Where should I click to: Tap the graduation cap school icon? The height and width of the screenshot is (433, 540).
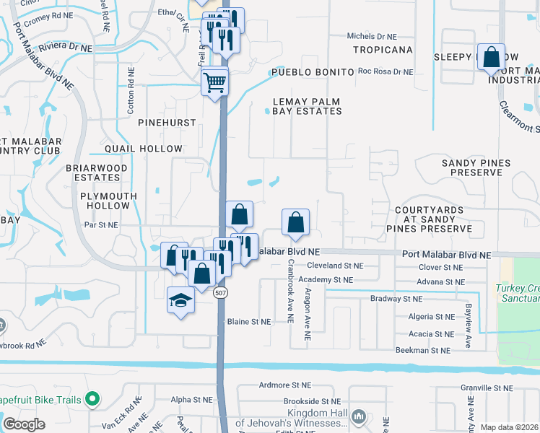coord(180,301)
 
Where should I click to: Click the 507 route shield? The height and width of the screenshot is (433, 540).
coord(221,290)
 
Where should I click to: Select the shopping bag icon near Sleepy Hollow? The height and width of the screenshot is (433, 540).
coord(491,57)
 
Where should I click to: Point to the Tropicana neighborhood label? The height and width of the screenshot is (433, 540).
coord(383,50)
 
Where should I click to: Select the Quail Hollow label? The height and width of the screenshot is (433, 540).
coord(144,149)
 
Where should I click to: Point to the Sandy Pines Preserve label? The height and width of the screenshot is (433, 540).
coord(471,168)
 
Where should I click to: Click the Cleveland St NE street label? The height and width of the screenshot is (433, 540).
coord(334,266)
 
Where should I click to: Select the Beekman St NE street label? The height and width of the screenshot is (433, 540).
coord(423,350)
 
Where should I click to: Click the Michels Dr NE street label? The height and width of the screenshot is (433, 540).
coord(372,36)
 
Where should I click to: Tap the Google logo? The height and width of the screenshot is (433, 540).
coord(25,424)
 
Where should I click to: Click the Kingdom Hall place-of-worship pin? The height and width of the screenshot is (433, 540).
coord(359,416)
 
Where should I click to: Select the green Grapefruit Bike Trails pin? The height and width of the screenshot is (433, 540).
coord(92,398)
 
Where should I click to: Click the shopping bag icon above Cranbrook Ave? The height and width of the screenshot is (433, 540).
coord(295,222)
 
